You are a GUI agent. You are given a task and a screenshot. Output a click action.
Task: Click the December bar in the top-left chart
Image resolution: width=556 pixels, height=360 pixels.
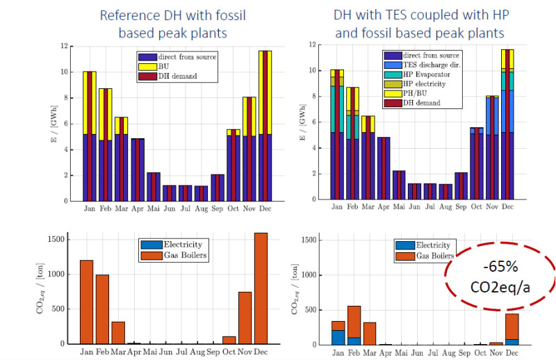264,125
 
